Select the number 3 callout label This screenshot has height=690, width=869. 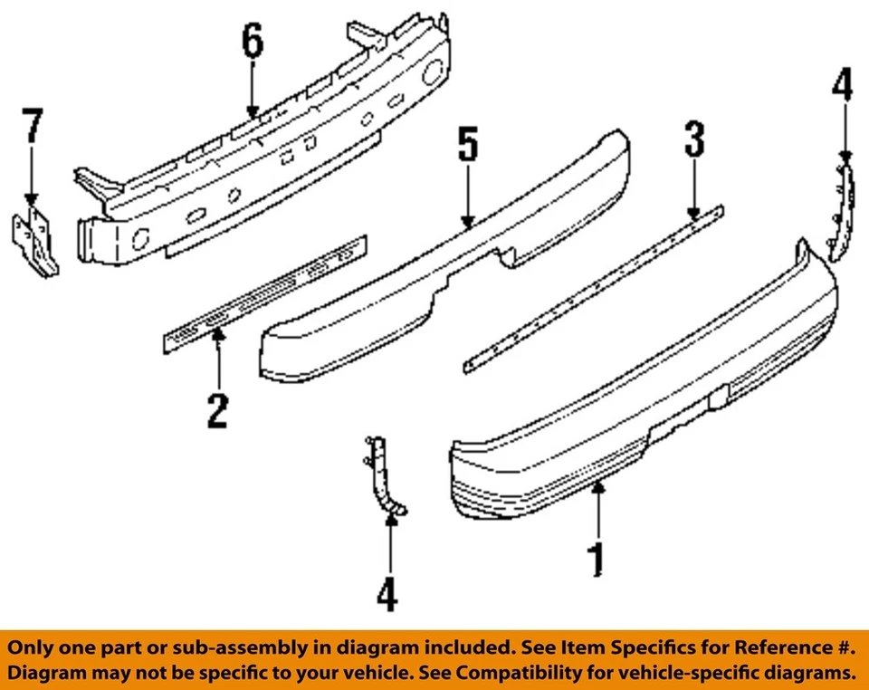693,143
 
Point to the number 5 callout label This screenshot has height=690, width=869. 467,148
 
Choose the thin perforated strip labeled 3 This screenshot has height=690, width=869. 593,290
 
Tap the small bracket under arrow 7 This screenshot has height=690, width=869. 34,240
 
